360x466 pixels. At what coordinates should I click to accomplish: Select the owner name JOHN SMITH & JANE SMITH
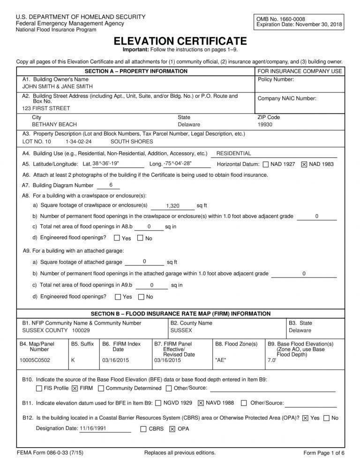(58, 87)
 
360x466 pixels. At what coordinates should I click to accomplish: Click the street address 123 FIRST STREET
(46, 108)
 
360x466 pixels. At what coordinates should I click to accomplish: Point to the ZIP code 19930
(265, 125)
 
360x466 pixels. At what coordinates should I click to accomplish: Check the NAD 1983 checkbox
(304, 165)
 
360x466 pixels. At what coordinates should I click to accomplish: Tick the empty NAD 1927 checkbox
(266, 165)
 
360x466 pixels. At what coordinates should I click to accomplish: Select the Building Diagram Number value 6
(111, 185)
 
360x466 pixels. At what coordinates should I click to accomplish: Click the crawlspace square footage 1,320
(173, 206)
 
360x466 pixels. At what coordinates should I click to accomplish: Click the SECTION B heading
(180, 314)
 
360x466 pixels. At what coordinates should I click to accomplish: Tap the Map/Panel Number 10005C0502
(35, 360)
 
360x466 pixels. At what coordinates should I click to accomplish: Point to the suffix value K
(73, 360)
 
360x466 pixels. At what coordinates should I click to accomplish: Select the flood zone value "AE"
(220, 360)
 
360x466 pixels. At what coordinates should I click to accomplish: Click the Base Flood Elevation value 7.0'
(272, 360)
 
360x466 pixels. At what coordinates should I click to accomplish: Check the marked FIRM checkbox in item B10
(75, 388)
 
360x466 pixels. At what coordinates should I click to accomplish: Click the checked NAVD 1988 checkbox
(201, 403)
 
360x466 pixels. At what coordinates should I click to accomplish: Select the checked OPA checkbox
(172, 429)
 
